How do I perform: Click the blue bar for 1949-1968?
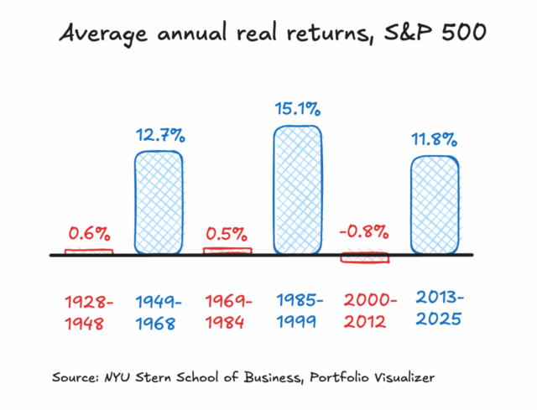[x=159, y=201]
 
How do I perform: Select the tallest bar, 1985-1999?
[x=297, y=189]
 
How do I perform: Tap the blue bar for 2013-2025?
[x=435, y=205]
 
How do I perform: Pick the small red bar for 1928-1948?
[x=89, y=250]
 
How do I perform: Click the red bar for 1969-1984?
[x=227, y=250]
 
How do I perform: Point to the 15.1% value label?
[x=297, y=109]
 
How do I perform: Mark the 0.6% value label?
[x=89, y=232]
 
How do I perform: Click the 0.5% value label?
[x=227, y=232]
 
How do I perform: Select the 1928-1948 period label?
[x=89, y=311]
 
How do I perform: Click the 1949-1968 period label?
[x=159, y=311]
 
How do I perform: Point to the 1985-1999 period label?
[x=297, y=311]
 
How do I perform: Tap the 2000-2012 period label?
[x=365, y=311]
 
